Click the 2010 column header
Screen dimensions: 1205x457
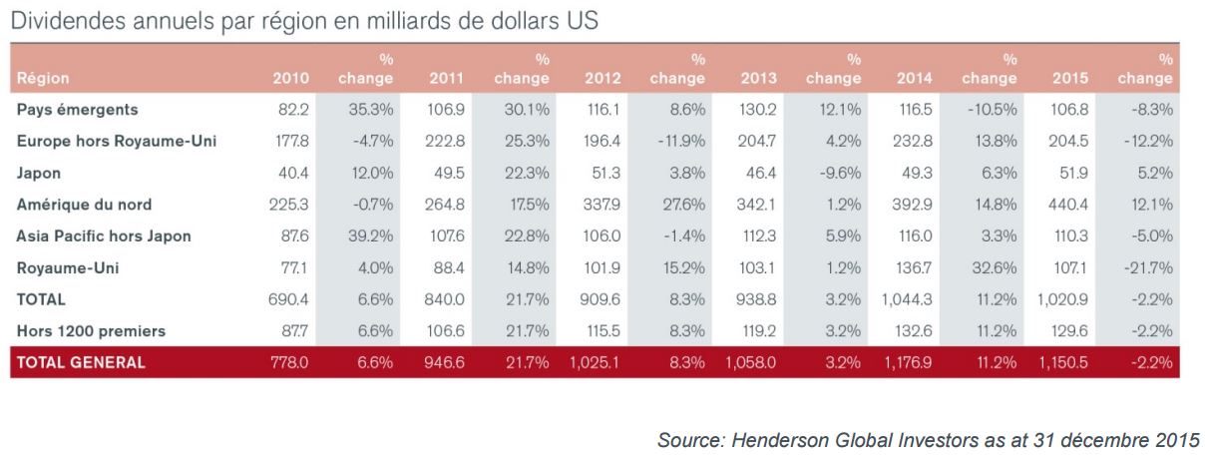tap(291, 78)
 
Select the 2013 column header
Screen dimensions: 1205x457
tap(759, 78)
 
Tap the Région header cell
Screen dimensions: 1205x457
tap(43, 79)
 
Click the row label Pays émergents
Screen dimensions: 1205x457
tap(78, 110)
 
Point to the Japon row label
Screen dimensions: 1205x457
tap(39, 174)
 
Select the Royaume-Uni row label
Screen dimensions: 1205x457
tap(68, 267)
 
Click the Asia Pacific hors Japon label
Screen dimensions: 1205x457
tap(104, 235)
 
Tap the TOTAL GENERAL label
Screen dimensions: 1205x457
tap(81, 362)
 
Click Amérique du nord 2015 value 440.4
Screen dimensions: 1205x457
tap(1067, 205)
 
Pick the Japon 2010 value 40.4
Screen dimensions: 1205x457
tap(293, 173)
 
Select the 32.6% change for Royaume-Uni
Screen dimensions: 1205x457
tap(995, 267)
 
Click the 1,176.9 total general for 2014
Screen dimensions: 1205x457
tap(908, 362)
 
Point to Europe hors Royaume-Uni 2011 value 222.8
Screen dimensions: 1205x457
tap(445, 141)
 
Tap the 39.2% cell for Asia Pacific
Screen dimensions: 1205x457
tap(371, 235)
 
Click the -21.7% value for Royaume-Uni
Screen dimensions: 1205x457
tap(1148, 267)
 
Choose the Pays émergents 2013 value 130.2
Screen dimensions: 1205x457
tap(757, 110)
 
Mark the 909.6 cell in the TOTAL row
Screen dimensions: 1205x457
tap(600, 299)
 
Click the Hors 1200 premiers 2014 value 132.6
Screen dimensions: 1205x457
tap(914, 330)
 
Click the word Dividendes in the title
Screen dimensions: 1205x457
tap(69, 20)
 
